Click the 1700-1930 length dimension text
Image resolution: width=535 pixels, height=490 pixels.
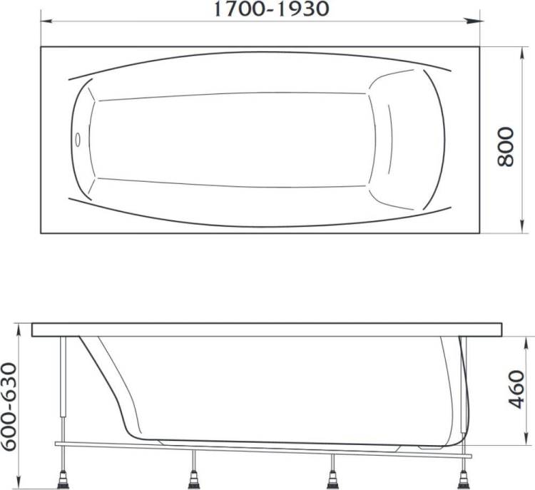point(271,9)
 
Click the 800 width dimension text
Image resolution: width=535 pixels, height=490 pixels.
point(505,147)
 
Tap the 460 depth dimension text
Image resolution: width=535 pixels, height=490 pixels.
point(516,389)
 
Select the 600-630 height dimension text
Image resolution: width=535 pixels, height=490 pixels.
point(9,407)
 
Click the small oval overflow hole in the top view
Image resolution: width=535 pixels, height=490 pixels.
point(78,140)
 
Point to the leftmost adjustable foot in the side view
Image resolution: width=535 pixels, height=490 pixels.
point(63,479)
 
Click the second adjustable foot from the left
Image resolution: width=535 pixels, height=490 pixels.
point(194,479)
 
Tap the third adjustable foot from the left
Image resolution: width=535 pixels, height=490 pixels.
point(332,479)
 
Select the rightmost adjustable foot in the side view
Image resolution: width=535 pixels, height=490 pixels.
point(464,479)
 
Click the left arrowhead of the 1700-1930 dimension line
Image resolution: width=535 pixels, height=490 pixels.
point(46,21)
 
